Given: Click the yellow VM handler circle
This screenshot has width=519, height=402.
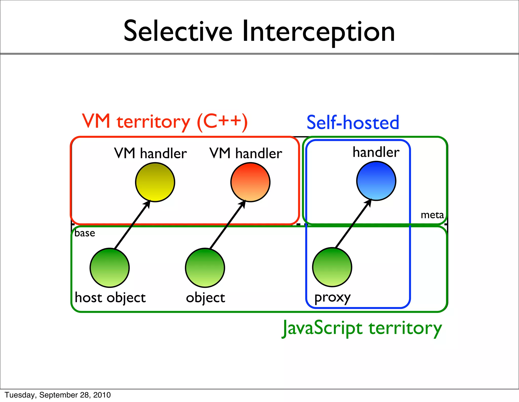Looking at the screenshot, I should point(155,182).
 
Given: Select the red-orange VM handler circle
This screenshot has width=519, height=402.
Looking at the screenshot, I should point(250,182).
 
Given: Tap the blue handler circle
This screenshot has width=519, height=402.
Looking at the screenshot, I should point(376,181).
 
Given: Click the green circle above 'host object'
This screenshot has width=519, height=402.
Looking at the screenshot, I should point(110,268).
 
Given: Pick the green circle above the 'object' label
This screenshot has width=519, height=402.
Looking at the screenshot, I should point(205,268).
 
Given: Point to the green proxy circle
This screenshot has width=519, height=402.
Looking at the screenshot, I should point(332,267).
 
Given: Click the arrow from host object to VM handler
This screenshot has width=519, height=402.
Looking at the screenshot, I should point(132,225).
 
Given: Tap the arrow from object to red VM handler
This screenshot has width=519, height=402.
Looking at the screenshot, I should point(227,225).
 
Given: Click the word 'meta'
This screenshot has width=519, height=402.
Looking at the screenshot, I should point(432,215).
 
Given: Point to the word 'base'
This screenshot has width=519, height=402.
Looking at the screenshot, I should point(85,233).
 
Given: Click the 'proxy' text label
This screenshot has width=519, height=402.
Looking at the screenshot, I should point(332,298).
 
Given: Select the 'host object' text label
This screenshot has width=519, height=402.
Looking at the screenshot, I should point(110,298).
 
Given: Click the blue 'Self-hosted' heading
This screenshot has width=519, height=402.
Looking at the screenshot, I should point(353,122).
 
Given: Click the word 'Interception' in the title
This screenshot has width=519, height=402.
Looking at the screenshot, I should point(319,32).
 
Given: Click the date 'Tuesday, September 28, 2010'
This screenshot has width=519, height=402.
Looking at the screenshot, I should point(58,395).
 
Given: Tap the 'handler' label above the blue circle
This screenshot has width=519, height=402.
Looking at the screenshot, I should point(376,152).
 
